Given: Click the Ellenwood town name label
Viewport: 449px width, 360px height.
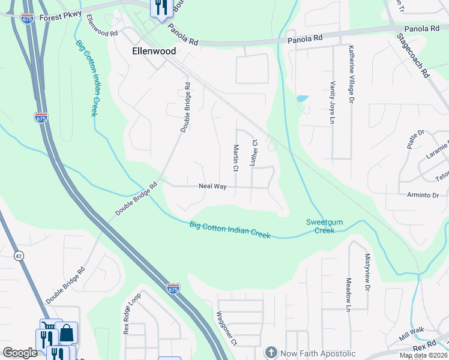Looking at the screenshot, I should [x=154, y=52].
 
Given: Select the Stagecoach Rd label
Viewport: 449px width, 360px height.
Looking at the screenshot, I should [x=414, y=55].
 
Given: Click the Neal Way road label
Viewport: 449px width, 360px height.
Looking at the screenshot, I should [x=212, y=187].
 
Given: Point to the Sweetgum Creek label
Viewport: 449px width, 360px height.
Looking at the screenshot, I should [x=324, y=226].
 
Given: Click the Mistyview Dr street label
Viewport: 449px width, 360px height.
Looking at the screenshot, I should [x=367, y=272].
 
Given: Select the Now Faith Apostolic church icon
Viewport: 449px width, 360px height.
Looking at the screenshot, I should [x=271, y=352].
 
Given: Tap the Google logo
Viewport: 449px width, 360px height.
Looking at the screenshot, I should [x=20, y=353].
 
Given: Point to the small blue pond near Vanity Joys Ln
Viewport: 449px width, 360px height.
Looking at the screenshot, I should [x=302, y=98].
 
